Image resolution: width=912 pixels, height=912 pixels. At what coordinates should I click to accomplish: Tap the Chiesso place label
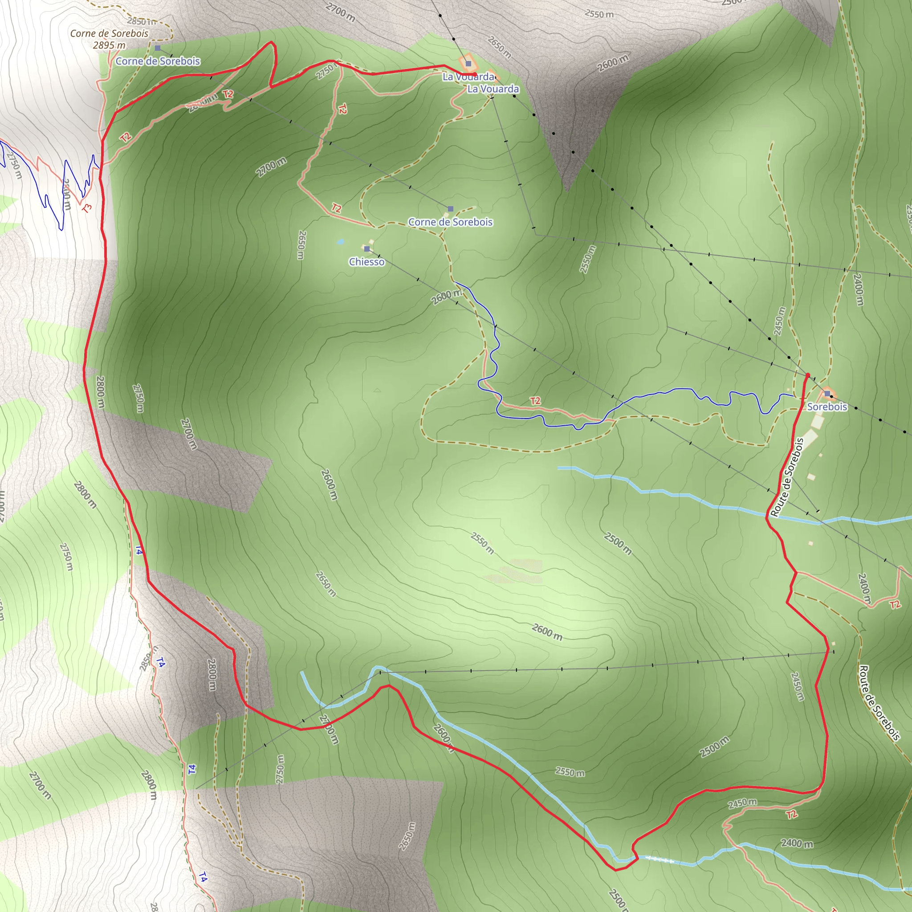click(x=367, y=261)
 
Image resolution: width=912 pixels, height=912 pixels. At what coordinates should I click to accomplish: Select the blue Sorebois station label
click(x=827, y=407)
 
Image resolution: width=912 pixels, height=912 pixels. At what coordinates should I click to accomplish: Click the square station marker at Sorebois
click(x=827, y=393)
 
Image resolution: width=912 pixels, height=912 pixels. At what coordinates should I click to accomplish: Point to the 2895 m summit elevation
click(x=109, y=45)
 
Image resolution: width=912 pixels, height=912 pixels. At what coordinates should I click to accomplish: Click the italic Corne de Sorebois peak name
click(x=109, y=33)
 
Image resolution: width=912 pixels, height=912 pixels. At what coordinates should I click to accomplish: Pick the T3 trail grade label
click(x=87, y=207)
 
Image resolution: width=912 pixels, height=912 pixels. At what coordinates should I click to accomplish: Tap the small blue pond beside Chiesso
click(x=340, y=242)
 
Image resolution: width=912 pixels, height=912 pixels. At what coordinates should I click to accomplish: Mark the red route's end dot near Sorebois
click(x=808, y=375)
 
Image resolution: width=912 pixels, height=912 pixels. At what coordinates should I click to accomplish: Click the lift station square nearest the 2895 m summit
click(x=158, y=48)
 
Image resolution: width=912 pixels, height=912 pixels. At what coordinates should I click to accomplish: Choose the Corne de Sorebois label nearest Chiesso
click(x=450, y=222)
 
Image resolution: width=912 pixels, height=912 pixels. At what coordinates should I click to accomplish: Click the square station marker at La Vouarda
click(x=468, y=63)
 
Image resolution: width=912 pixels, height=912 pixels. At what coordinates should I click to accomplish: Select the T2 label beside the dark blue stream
click(x=535, y=401)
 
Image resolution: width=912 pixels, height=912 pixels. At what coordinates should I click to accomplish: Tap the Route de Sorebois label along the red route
click(x=787, y=477)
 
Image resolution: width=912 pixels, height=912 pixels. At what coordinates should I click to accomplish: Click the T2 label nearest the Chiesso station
click(x=336, y=208)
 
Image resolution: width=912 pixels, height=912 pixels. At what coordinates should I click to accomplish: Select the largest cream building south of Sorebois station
click(x=817, y=422)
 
